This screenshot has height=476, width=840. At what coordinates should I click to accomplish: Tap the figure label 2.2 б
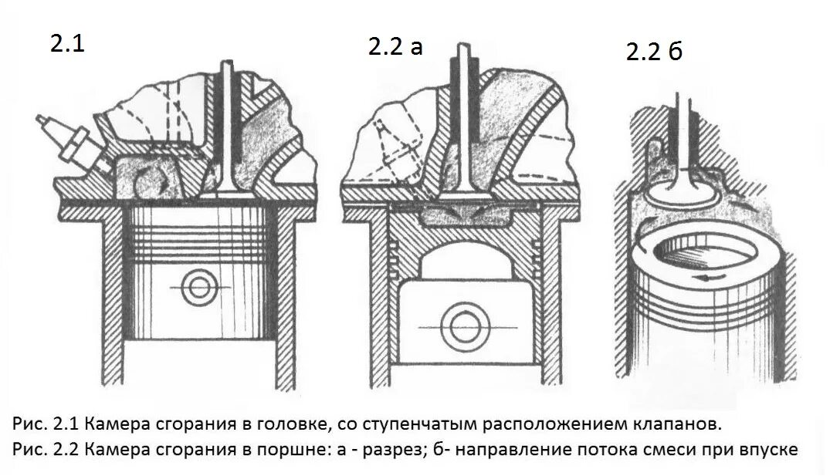click(655, 52)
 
